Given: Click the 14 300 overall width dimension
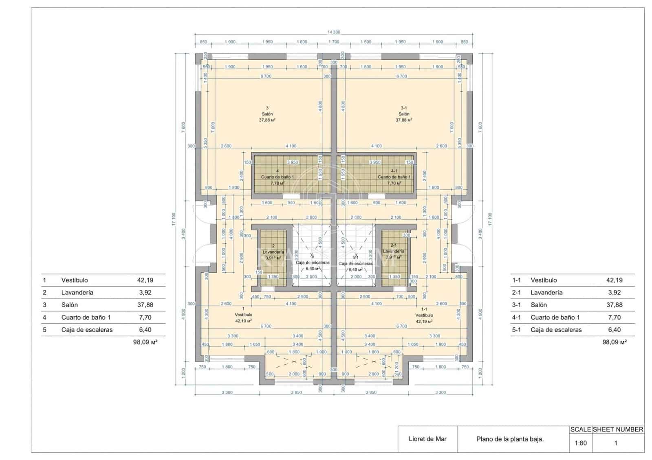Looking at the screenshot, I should coord(333,32).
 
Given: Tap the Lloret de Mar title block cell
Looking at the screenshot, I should coord(427,439).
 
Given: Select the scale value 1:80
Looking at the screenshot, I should coord(580,443).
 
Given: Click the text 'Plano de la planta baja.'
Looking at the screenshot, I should coord(510,439).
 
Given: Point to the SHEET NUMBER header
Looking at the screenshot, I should coord(618,429).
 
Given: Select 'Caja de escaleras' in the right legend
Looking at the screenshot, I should coord(556,330).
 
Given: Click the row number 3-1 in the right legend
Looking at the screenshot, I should coord(516,305).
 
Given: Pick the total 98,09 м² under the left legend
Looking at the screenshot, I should coord(145,342).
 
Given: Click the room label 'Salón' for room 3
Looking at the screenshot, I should coord(267,114).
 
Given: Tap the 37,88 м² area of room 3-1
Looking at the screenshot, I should coord(403,120).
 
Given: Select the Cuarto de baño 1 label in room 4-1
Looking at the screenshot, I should coord(394,177).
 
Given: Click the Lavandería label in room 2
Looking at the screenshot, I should coord(273,252).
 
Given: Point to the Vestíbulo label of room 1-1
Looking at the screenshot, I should coord(424,315).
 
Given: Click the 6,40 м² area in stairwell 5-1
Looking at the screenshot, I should coord(355,269).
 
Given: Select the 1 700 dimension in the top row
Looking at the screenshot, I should coord(333,42).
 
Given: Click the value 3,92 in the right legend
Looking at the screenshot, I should coord(614,292).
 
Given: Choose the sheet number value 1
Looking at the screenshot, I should coord(615,443).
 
